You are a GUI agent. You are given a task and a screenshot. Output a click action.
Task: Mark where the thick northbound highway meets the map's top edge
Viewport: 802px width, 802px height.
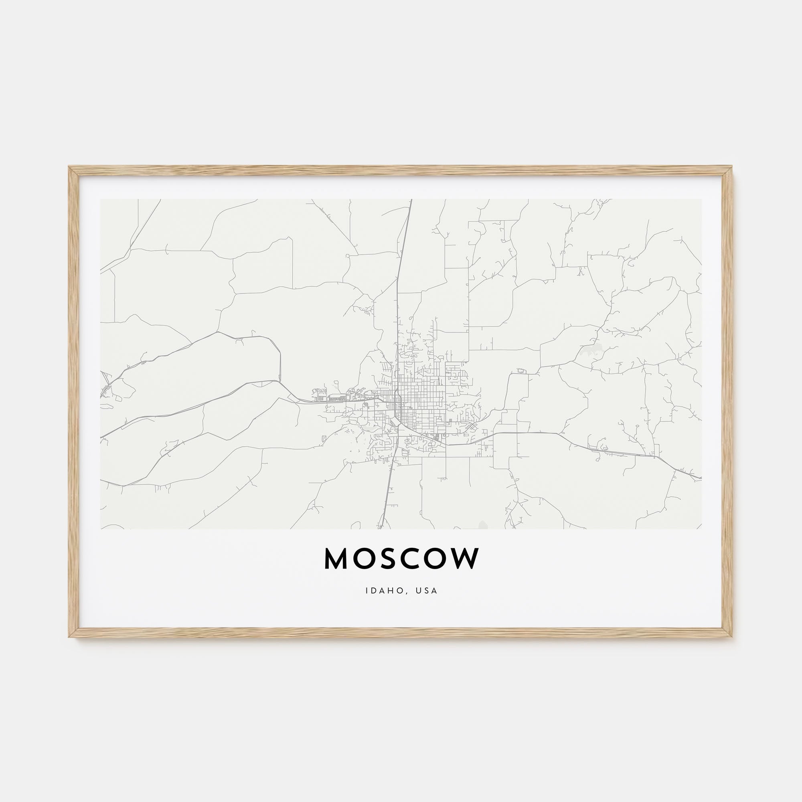tap(411, 200)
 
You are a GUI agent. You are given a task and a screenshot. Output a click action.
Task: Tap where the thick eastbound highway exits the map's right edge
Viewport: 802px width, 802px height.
tap(701, 478)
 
